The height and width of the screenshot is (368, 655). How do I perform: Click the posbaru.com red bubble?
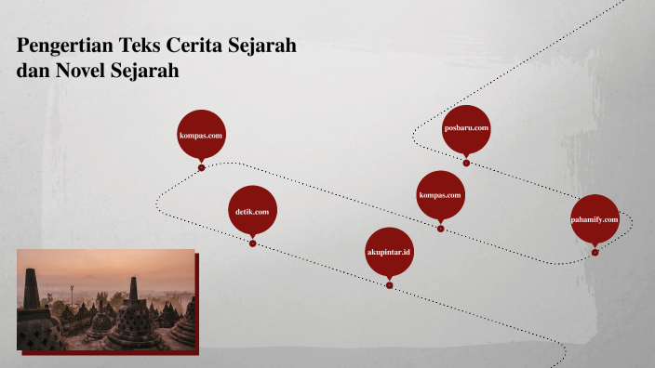tap(466, 128)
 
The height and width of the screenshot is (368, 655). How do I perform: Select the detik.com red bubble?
tap(252, 211)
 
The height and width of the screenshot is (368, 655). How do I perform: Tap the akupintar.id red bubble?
tap(389, 252)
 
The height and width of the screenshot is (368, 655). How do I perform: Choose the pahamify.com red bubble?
tap(595, 219)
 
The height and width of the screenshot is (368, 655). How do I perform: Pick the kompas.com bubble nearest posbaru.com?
tap(440, 195)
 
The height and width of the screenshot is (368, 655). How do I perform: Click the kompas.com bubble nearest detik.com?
tap(202, 135)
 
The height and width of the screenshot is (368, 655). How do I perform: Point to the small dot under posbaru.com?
tap(466, 164)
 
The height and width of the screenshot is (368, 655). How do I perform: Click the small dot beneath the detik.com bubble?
tap(252, 243)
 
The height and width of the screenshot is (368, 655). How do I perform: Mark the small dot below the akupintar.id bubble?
tap(389, 285)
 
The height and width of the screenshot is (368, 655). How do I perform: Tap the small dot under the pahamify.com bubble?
tap(595, 252)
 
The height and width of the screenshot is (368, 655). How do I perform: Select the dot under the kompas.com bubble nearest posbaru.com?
tap(440, 229)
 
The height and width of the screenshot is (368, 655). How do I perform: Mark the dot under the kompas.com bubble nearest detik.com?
tap(202, 168)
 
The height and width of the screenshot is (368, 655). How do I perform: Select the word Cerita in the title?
tap(194, 46)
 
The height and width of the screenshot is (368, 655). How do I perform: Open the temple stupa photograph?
tap(106, 299)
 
